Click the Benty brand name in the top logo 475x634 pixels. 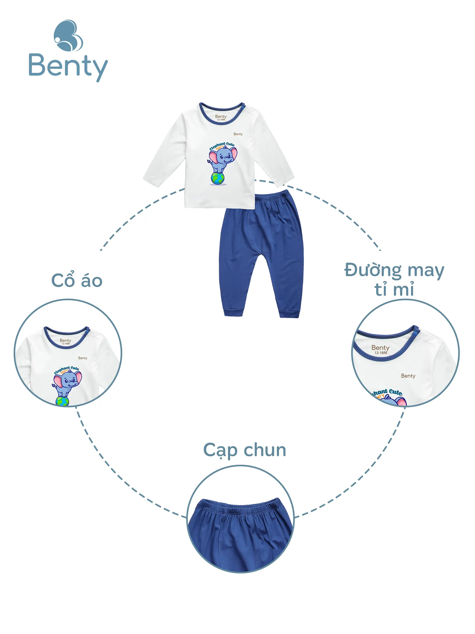[68, 66]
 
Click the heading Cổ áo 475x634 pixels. [77, 280]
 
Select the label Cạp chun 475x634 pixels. [244, 450]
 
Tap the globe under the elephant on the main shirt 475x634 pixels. [218, 178]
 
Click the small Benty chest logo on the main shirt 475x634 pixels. [238, 134]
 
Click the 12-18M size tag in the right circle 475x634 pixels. [381, 353]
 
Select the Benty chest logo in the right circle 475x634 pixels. [408, 376]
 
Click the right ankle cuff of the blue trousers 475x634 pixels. [289, 314]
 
